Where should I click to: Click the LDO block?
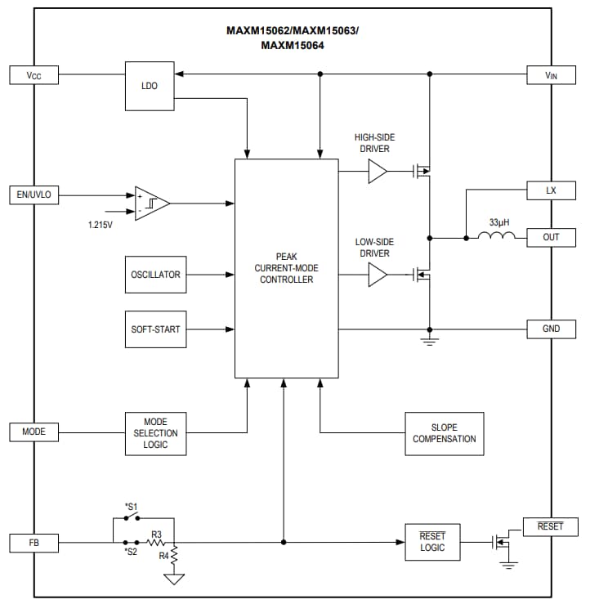(x=150, y=86)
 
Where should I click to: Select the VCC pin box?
(x=34, y=75)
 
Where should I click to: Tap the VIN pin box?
(x=551, y=75)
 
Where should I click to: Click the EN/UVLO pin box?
(x=34, y=195)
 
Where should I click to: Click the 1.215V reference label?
(x=100, y=224)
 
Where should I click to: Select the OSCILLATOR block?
(x=155, y=275)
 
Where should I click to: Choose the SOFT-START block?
(x=155, y=329)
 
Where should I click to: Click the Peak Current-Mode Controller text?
(x=286, y=268)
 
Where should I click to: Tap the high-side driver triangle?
(x=378, y=172)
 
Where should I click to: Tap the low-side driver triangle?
(x=378, y=275)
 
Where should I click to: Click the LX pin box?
(x=551, y=190)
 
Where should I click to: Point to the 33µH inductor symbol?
(x=497, y=237)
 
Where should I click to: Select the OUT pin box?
(x=551, y=238)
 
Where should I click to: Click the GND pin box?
(x=551, y=329)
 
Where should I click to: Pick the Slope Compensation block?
(x=444, y=433)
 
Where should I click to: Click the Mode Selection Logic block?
(x=155, y=433)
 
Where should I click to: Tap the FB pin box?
(x=34, y=542)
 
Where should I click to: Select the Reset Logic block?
(x=432, y=542)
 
